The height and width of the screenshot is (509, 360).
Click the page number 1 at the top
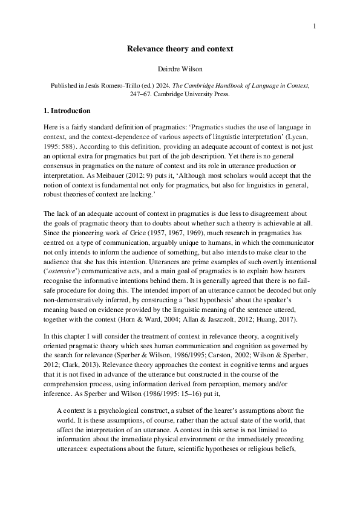[316, 27]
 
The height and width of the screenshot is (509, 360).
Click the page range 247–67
[140, 94]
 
